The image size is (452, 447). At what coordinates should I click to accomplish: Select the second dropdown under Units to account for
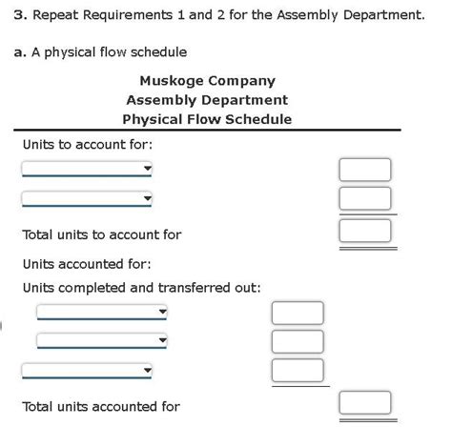pos(87,198)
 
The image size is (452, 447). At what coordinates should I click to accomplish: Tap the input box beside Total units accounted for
pos(365,403)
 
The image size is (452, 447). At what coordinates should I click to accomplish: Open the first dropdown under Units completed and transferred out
pos(102,312)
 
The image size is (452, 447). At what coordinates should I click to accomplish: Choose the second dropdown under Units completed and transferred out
pos(102,340)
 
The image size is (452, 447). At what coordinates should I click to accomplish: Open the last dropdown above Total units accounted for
pos(87,370)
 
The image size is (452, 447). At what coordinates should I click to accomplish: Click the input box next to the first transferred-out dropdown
pos(298,313)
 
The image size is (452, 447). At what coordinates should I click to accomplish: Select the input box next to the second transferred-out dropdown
pos(298,341)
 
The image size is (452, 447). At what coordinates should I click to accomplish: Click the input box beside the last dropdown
pos(298,370)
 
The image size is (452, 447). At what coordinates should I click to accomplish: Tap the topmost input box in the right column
pos(365,170)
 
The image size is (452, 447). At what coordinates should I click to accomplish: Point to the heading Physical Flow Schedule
pos(207,119)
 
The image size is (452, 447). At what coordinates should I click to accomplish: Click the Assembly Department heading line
pos(207,100)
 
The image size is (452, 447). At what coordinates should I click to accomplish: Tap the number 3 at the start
pos(17,16)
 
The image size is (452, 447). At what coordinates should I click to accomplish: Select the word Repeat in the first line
pos(60,16)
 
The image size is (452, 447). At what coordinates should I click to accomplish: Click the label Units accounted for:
pos(87,264)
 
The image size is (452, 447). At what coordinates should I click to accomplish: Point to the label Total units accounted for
pos(101,407)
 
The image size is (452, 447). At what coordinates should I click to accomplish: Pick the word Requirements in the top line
pos(143,16)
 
